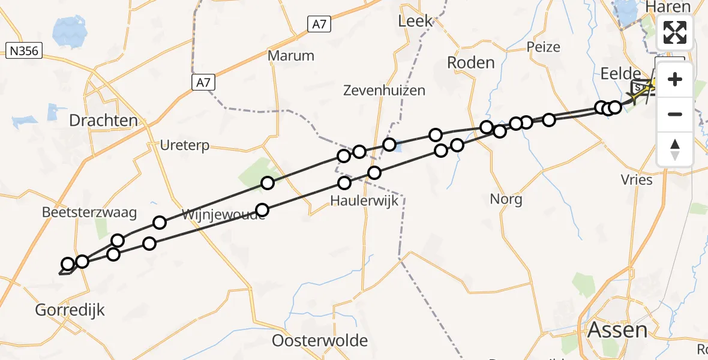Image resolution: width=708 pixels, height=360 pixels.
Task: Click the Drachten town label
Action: click(103, 121)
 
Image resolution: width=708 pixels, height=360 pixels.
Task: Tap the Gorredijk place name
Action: click(70, 310)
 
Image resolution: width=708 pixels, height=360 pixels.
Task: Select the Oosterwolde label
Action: click(320, 341)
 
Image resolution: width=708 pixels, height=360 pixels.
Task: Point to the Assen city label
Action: click(617, 330)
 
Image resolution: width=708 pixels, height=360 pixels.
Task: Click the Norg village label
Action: click(506, 199)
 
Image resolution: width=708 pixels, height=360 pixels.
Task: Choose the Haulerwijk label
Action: click(364, 201)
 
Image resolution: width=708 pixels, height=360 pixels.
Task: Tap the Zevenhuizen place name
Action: click(384, 91)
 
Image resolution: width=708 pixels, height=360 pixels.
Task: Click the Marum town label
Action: click(291, 56)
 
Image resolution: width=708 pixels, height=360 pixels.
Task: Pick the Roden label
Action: click(471, 62)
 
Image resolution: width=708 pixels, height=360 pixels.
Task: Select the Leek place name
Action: click(415, 21)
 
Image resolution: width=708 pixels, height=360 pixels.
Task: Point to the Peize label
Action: click(543, 47)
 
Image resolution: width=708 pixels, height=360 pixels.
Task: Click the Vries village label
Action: click(637, 179)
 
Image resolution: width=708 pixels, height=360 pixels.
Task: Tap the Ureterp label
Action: click(184, 145)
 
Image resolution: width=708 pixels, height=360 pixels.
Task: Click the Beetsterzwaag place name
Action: click(89, 212)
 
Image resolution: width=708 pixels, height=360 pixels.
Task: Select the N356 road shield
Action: click(24, 51)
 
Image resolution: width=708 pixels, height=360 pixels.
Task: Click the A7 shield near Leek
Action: click(320, 25)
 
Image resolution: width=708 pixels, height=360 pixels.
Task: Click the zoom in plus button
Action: click(675, 79)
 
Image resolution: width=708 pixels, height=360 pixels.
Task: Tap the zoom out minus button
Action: click(675, 114)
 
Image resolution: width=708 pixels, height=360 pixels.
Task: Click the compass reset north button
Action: click(675, 149)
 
